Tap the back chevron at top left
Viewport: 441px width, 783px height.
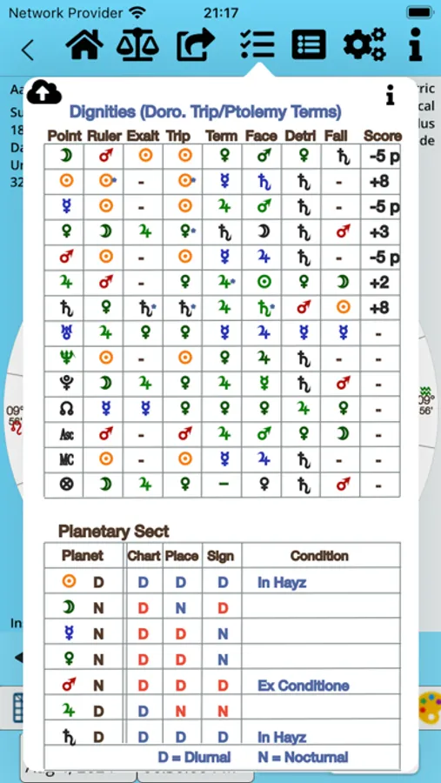coord(28,49)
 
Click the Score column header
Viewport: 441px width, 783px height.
coord(382,136)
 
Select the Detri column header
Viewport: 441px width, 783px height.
coord(299,136)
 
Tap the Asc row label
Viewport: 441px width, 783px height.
coord(65,433)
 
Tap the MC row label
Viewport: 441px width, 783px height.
coord(65,458)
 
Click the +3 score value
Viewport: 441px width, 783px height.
coord(378,232)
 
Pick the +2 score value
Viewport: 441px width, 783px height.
coord(378,283)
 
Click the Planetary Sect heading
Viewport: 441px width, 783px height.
coord(113,531)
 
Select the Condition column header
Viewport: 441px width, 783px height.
coord(319,555)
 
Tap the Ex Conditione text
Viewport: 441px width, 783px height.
coord(303,686)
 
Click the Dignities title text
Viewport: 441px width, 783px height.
coord(205,111)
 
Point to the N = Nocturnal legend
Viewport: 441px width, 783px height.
coord(303,757)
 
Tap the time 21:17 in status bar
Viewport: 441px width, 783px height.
coord(221,12)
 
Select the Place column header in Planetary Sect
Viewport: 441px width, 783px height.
coord(181,555)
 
